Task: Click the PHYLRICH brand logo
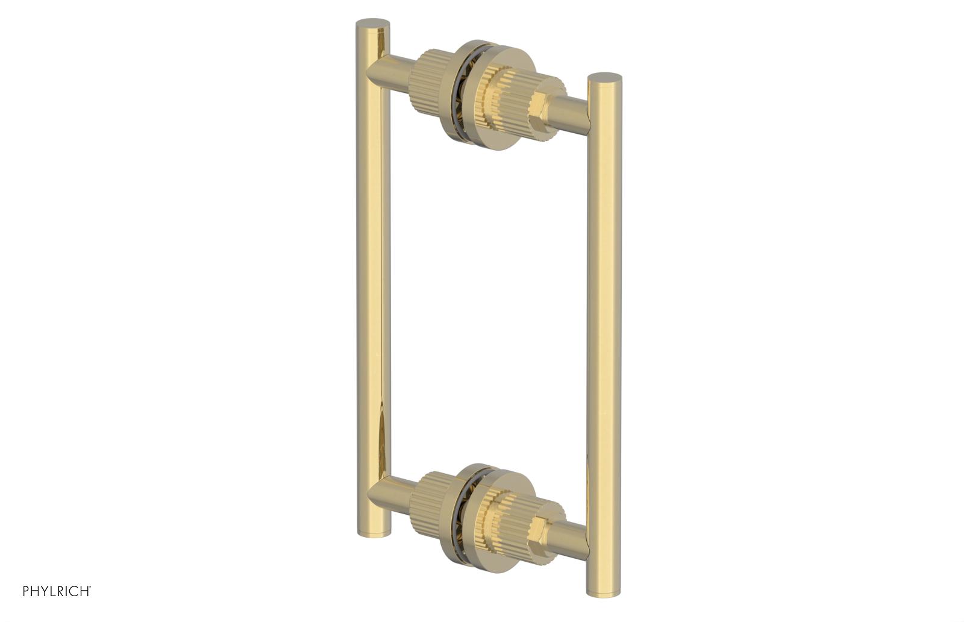click(x=57, y=591)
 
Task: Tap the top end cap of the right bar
click(x=604, y=78)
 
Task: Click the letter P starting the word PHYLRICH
click(x=27, y=591)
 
